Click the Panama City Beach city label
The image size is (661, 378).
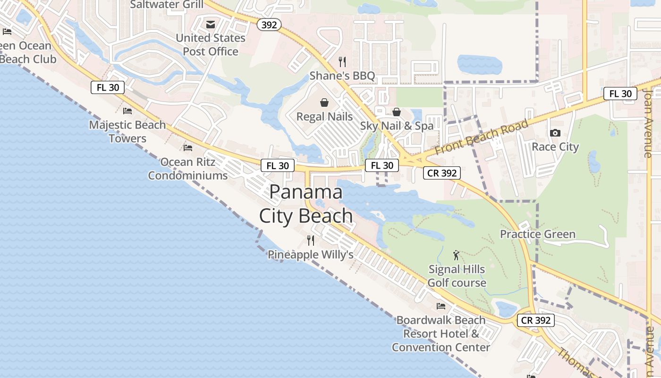[x=306, y=204]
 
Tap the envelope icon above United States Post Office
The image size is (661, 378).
[x=211, y=25]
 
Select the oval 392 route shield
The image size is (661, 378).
[x=269, y=25]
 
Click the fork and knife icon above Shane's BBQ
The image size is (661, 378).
[x=342, y=61]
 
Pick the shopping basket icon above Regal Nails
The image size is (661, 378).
[x=324, y=103]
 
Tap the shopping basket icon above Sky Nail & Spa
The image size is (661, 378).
[x=397, y=112]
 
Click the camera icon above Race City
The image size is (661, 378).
[x=555, y=133]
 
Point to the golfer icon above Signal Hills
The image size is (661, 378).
[x=456, y=256]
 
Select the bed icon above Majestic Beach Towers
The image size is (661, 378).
[x=127, y=111]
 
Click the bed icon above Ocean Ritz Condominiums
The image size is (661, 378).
[x=188, y=148]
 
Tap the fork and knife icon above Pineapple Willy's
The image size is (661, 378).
[x=310, y=241]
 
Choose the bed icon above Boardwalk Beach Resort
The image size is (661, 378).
[x=441, y=306]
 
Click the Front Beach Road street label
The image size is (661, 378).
[x=482, y=137]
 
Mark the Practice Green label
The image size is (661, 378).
[x=537, y=234]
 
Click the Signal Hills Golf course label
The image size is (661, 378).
[x=457, y=276]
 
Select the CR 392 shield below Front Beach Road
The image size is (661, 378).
[x=441, y=173]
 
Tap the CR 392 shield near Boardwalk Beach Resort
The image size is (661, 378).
[x=536, y=320]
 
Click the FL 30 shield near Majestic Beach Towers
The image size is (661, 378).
[x=108, y=87]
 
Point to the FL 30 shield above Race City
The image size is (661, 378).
[x=620, y=94]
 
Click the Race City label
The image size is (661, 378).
[x=555, y=147]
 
